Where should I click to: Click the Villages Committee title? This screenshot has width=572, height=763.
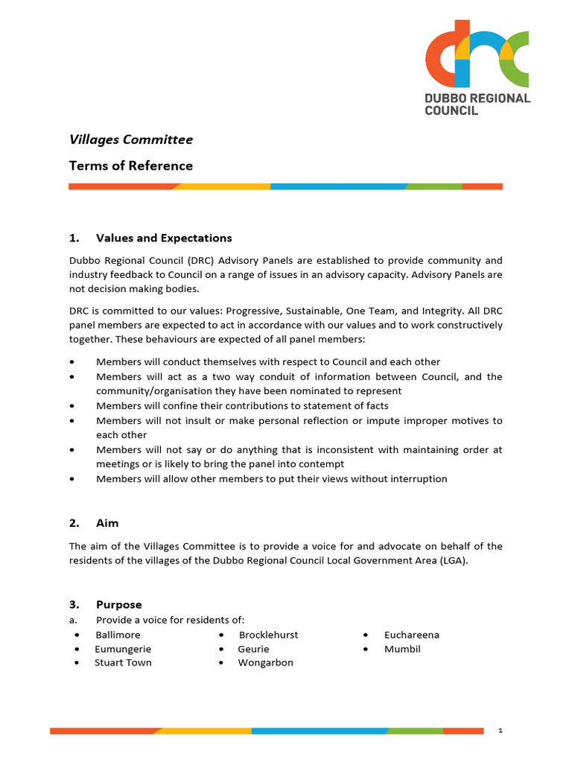click(x=130, y=139)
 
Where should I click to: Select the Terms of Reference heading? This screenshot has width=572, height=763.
click(x=130, y=165)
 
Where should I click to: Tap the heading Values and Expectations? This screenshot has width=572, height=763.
click(x=164, y=238)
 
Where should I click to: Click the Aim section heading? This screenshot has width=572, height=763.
click(x=107, y=523)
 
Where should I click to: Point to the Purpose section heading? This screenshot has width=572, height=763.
click(x=118, y=604)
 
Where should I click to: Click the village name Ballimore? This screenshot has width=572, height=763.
click(x=118, y=635)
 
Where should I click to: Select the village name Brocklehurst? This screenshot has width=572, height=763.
click(x=268, y=635)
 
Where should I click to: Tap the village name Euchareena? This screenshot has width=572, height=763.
click(x=411, y=635)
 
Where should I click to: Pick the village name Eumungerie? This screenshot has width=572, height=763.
click(x=122, y=649)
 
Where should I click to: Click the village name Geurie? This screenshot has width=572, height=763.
click(x=253, y=649)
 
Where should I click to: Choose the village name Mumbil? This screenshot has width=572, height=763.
click(x=402, y=649)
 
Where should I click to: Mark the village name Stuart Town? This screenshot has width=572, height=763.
click(x=123, y=662)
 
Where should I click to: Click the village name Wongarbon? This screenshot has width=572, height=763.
click(x=265, y=662)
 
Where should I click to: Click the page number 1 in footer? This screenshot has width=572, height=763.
click(x=500, y=731)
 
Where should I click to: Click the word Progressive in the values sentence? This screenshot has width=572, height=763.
click(x=255, y=311)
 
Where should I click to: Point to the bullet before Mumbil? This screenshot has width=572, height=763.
click(x=366, y=650)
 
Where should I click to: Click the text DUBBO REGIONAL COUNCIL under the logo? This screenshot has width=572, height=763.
click(x=477, y=104)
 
